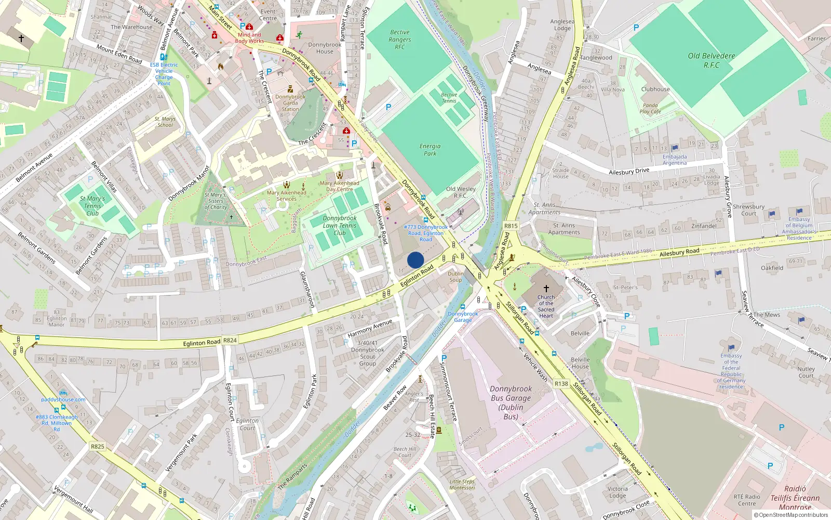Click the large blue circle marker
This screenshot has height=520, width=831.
click(415, 260)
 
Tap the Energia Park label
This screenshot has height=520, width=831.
click(430, 150)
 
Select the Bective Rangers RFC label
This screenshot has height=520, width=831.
click(400, 40)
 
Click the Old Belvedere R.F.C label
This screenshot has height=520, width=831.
click(712, 60)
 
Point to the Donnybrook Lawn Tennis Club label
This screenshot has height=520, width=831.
click(340, 226)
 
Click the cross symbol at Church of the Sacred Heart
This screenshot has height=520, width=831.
click(546, 288)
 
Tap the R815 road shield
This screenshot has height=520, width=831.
click(511, 226)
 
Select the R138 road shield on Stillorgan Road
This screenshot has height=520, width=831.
click(561, 384)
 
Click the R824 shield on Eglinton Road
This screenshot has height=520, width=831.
click(230, 341)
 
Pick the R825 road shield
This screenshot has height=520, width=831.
click(98, 446)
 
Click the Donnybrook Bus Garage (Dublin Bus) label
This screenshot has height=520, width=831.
click(511, 402)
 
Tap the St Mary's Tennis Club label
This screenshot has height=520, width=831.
click(92, 206)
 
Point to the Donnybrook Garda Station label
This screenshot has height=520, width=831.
click(290, 103)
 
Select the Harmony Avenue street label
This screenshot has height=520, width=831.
click(370, 328)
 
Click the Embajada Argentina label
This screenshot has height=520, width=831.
click(675, 160)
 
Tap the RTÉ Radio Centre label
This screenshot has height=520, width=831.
click(747, 500)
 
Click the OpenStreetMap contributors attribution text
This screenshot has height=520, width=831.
click(793, 515)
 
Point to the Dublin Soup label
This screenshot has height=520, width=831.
click(455, 277)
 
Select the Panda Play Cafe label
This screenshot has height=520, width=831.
click(650, 108)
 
